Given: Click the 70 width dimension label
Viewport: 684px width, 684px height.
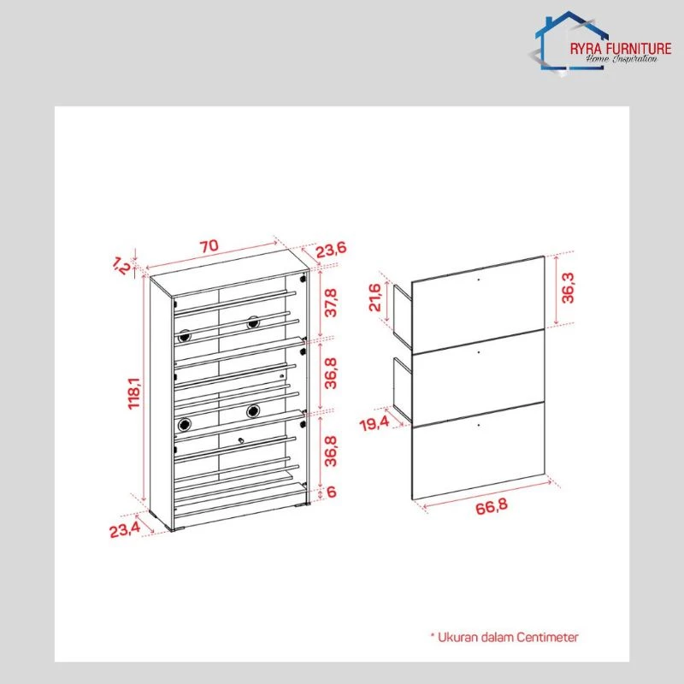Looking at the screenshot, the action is (x=209, y=246).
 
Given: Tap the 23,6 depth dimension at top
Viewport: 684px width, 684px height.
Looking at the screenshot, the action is (x=331, y=250).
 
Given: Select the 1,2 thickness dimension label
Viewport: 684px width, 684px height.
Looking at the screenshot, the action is (x=121, y=265).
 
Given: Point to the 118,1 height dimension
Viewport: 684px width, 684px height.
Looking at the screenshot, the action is (x=134, y=393).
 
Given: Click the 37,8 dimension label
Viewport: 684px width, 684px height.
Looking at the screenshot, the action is (x=331, y=303).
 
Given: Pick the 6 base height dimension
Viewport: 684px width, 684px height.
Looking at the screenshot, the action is (x=332, y=492).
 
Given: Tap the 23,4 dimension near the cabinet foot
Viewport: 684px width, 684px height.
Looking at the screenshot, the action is (x=125, y=529).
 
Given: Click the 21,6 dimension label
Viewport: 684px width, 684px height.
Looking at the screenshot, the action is (x=375, y=297).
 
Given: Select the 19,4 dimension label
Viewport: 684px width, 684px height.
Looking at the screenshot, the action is (x=374, y=423).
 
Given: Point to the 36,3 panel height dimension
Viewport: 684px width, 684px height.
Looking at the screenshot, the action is (x=568, y=288).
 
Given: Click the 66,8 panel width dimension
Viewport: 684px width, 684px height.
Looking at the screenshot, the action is (x=492, y=506).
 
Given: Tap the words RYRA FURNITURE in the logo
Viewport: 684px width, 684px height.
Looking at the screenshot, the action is (x=621, y=49).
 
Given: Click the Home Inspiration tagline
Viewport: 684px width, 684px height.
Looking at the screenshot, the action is (x=622, y=59).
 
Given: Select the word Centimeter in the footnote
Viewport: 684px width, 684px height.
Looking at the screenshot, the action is (x=547, y=637).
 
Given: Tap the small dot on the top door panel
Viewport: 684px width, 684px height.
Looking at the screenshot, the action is (x=479, y=279).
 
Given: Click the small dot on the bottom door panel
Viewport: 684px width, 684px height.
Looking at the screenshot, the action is (x=479, y=424).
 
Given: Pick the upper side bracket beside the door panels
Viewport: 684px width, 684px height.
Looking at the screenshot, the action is (x=403, y=315).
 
